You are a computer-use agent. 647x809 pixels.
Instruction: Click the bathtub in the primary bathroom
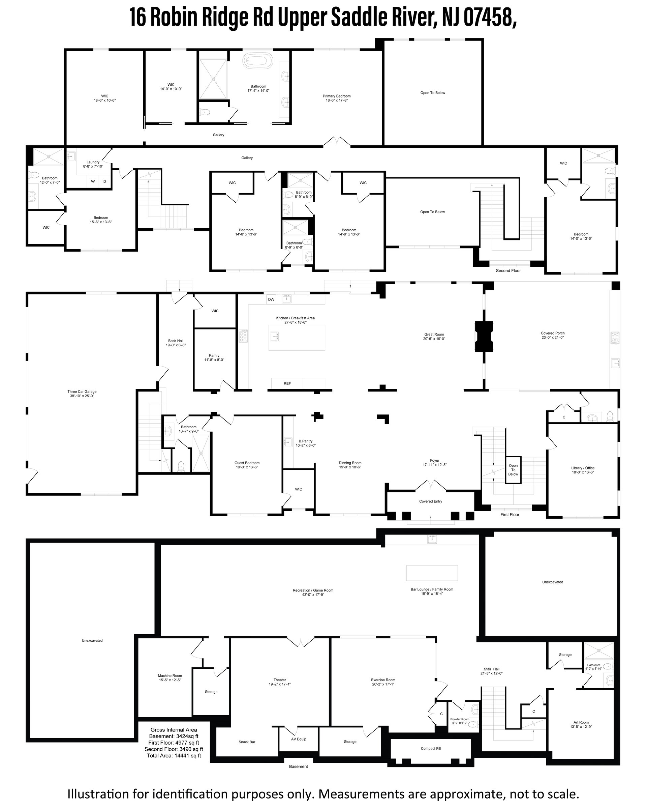pyautogui.click(x=258, y=61)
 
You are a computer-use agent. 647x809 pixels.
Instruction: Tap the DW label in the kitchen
pyautogui.click(x=271, y=299)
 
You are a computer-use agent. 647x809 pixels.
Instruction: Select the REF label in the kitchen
pyautogui.click(x=287, y=383)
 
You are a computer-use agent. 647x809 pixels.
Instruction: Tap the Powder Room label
pyautogui.click(x=460, y=719)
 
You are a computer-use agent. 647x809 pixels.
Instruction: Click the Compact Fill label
pyautogui.click(x=431, y=748)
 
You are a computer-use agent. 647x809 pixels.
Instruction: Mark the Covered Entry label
pyautogui.click(x=431, y=501)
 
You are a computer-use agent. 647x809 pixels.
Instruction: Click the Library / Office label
pyautogui.click(x=583, y=468)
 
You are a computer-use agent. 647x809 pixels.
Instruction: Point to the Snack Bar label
pyautogui.click(x=247, y=742)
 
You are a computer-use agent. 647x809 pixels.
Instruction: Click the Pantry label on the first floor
pyautogui.click(x=214, y=355)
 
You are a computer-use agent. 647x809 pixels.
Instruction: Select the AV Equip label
pyautogui.click(x=299, y=739)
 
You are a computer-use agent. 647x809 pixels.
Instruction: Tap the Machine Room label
pyautogui.click(x=170, y=675)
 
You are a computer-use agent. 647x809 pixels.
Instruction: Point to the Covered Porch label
pyautogui.click(x=553, y=333)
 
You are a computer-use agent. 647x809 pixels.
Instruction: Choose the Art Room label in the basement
pyautogui.click(x=581, y=722)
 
